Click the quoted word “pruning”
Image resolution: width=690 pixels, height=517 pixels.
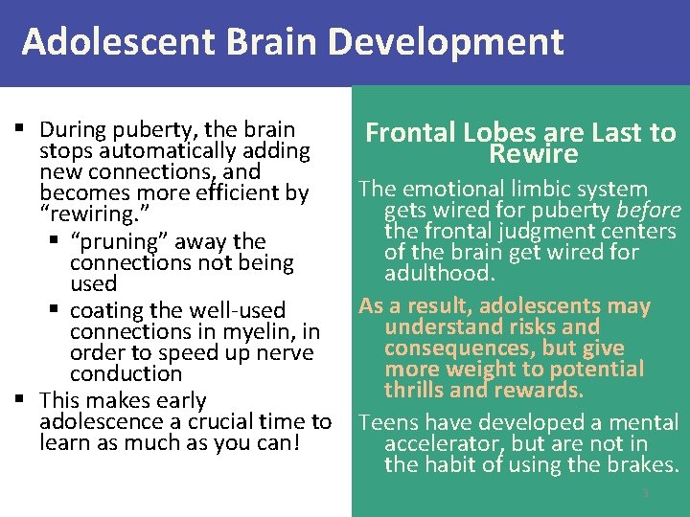pos(111,241)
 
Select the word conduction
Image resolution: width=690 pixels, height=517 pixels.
pos(126,373)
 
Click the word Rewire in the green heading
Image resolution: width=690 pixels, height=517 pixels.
pos(533,155)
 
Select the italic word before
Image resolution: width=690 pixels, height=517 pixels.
pos(649,211)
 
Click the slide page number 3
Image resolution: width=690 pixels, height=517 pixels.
pos(645,493)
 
